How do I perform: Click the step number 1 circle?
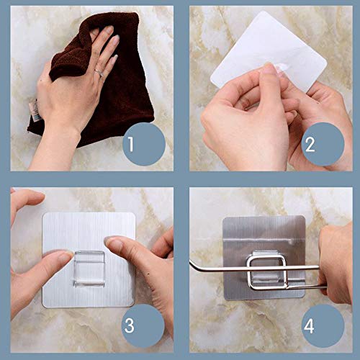point(144,144)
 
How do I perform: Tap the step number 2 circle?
point(323,144)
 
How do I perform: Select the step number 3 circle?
point(143,325)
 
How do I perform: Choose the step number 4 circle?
point(323,325)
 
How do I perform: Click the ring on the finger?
point(99,73)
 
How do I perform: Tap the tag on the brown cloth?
point(33,110)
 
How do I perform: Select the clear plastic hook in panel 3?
point(89,269)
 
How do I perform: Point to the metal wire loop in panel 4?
point(266,272)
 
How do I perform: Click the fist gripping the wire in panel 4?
point(336,264)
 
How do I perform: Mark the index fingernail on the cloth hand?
point(109,30)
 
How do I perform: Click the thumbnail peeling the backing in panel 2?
point(271,68)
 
